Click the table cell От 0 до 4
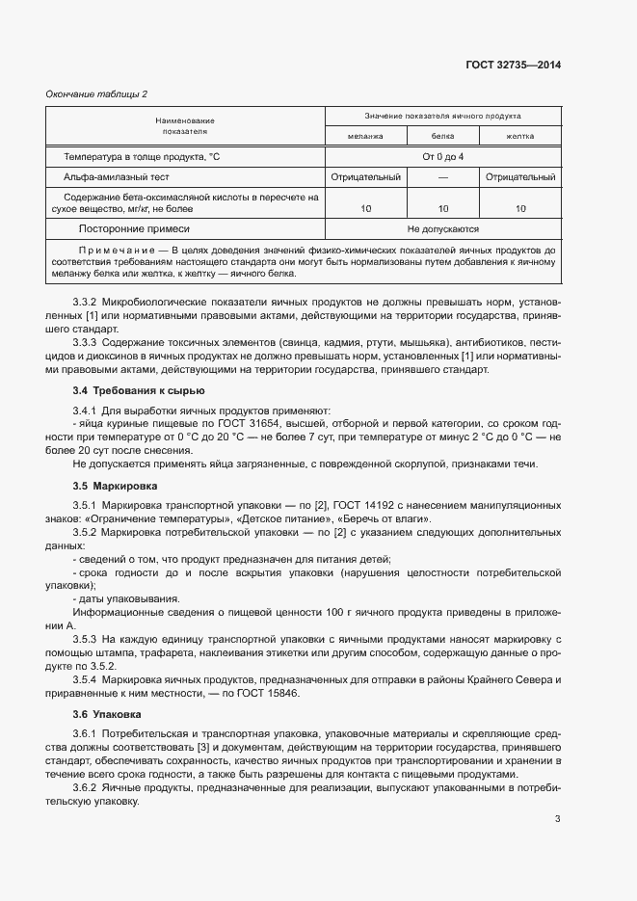coord(442,156)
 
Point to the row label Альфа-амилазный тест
coord(117,177)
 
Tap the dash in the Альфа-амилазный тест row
coord(442,177)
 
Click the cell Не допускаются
coord(442,229)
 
